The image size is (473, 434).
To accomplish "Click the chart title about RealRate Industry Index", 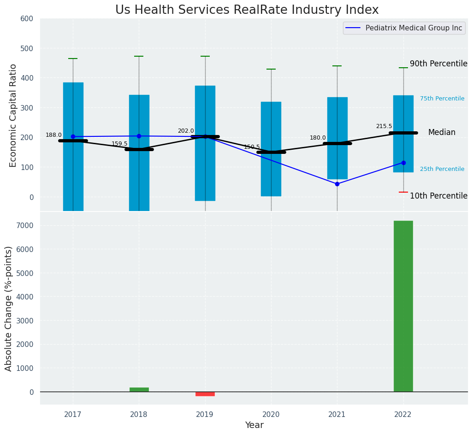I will (247, 10).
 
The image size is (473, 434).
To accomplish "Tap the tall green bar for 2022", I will (403, 306).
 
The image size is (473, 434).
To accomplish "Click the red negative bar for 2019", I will (205, 394).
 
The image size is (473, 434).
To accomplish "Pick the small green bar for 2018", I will (139, 390).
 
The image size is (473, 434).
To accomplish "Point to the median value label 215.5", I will (384, 126).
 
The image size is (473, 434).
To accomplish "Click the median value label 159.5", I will (119, 144).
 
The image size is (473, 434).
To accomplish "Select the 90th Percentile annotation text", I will (438, 64).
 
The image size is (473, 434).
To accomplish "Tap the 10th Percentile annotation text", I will (438, 196).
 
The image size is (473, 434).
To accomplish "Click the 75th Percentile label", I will (442, 99).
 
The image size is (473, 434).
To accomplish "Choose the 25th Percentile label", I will (442, 169).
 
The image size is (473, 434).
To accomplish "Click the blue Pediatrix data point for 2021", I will (337, 184).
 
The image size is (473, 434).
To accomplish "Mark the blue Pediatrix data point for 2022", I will (403, 163).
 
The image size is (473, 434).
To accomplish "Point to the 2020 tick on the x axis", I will (271, 414).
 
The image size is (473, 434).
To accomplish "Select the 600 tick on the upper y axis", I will (27, 18).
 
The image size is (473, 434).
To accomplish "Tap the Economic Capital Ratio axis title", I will (13, 115).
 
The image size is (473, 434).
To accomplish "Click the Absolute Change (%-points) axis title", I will (9, 308).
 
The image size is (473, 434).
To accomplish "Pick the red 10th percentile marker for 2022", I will (403, 192).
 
